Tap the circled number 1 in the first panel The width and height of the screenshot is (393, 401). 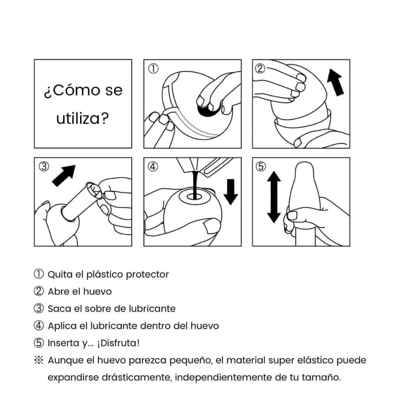click(153, 69)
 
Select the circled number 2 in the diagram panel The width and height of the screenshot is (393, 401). click(260, 68)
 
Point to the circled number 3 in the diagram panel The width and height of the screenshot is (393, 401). click(44, 167)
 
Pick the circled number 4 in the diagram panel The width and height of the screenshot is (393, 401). click(153, 167)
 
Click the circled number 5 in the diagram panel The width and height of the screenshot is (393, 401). click(261, 167)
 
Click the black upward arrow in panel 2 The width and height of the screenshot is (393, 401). click(335, 83)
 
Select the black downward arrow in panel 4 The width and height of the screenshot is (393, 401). click(231, 192)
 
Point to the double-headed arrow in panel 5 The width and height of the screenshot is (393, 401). click(274, 197)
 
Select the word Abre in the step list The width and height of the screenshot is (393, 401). click(59, 292)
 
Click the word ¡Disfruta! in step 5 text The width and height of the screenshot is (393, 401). click(118, 343)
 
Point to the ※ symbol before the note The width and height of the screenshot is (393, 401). click(39, 360)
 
